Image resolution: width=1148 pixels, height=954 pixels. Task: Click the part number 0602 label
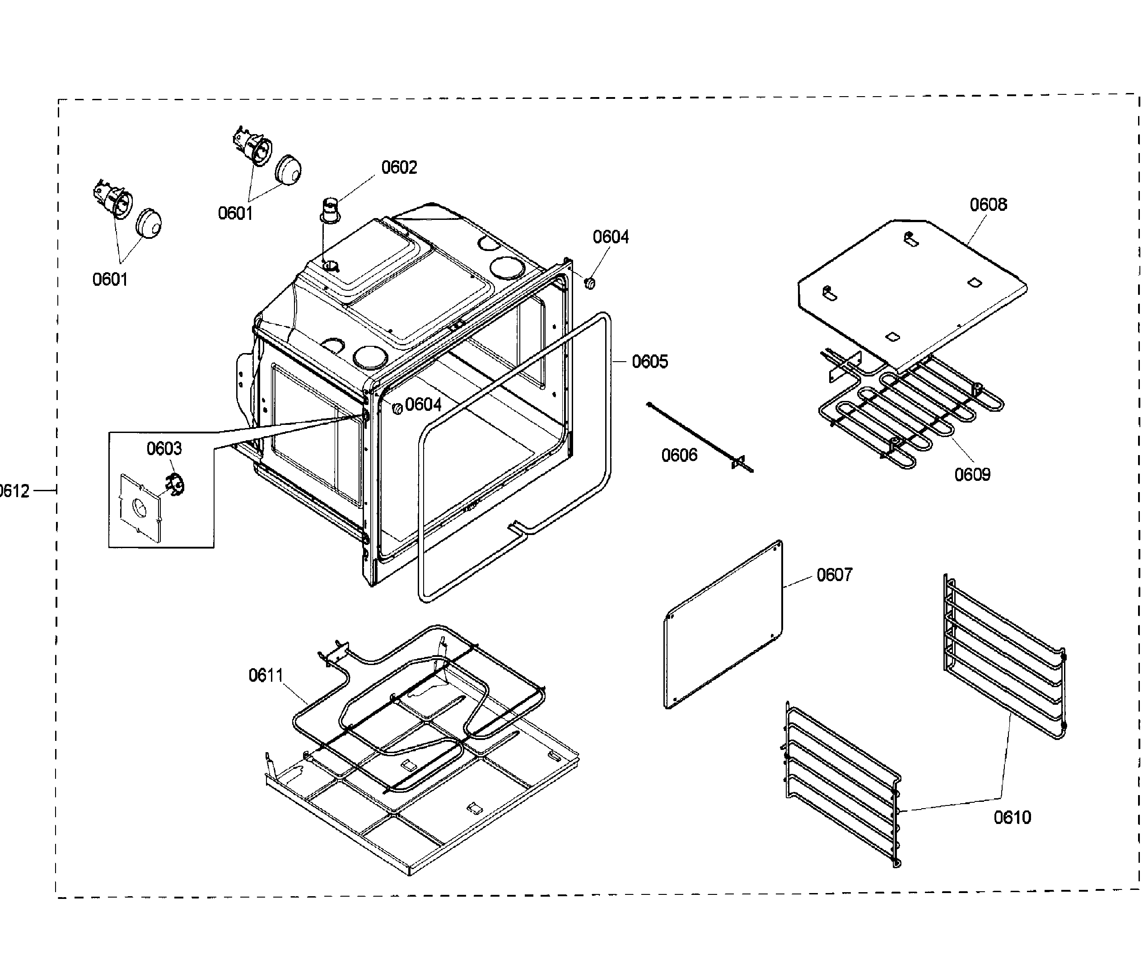click(399, 167)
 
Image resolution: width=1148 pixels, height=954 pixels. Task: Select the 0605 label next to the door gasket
click(650, 362)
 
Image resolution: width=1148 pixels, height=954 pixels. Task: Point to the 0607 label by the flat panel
click(834, 575)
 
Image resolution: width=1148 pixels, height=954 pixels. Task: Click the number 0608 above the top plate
click(988, 205)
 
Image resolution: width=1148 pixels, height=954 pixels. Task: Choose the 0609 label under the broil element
click(972, 474)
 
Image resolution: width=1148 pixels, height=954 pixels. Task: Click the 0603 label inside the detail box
click(164, 449)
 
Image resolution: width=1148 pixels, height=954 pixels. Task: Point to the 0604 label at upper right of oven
click(611, 237)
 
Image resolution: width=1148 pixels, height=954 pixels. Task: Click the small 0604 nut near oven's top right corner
click(589, 283)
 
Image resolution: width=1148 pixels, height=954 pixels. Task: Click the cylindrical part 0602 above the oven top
click(331, 211)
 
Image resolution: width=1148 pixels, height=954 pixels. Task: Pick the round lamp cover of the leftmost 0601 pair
click(148, 223)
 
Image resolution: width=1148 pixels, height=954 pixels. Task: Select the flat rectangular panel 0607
click(723, 624)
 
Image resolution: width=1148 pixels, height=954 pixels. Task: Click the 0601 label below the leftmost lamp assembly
click(110, 280)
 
